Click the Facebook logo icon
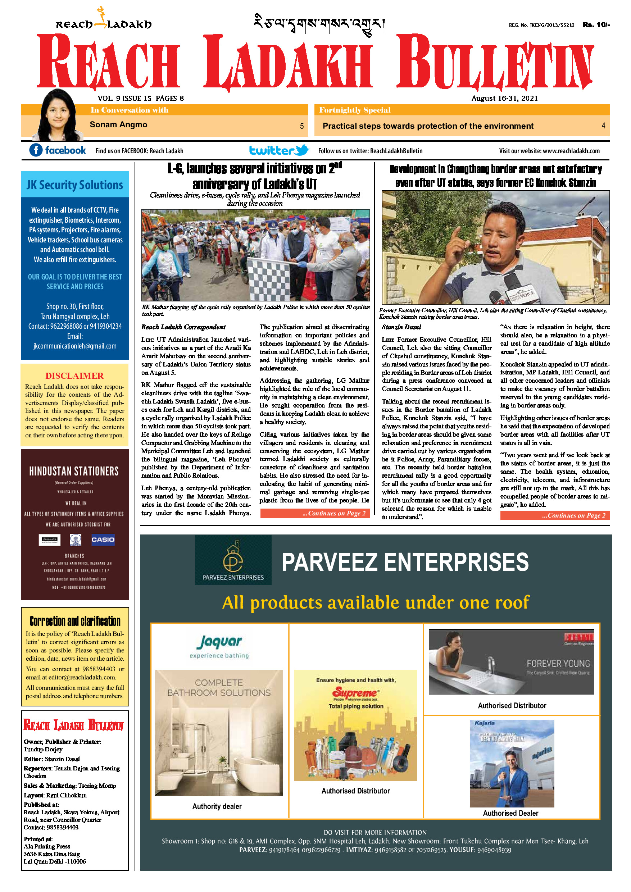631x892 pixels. tap(36, 150)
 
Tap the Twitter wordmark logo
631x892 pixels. tap(278, 150)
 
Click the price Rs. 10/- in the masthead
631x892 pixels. tap(596, 24)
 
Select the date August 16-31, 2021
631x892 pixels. tap(504, 98)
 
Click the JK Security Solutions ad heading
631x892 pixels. tap(74, 185)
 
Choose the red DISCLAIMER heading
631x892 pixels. tap(74, 376)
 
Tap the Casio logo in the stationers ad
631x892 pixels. tap(103, 540)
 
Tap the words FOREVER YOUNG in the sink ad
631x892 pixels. tap(558, 663)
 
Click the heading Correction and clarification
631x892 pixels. tap(75, 621)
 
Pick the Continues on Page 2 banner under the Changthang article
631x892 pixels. tap(555, 515)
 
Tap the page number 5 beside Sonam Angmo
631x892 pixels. tap(301, 126)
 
